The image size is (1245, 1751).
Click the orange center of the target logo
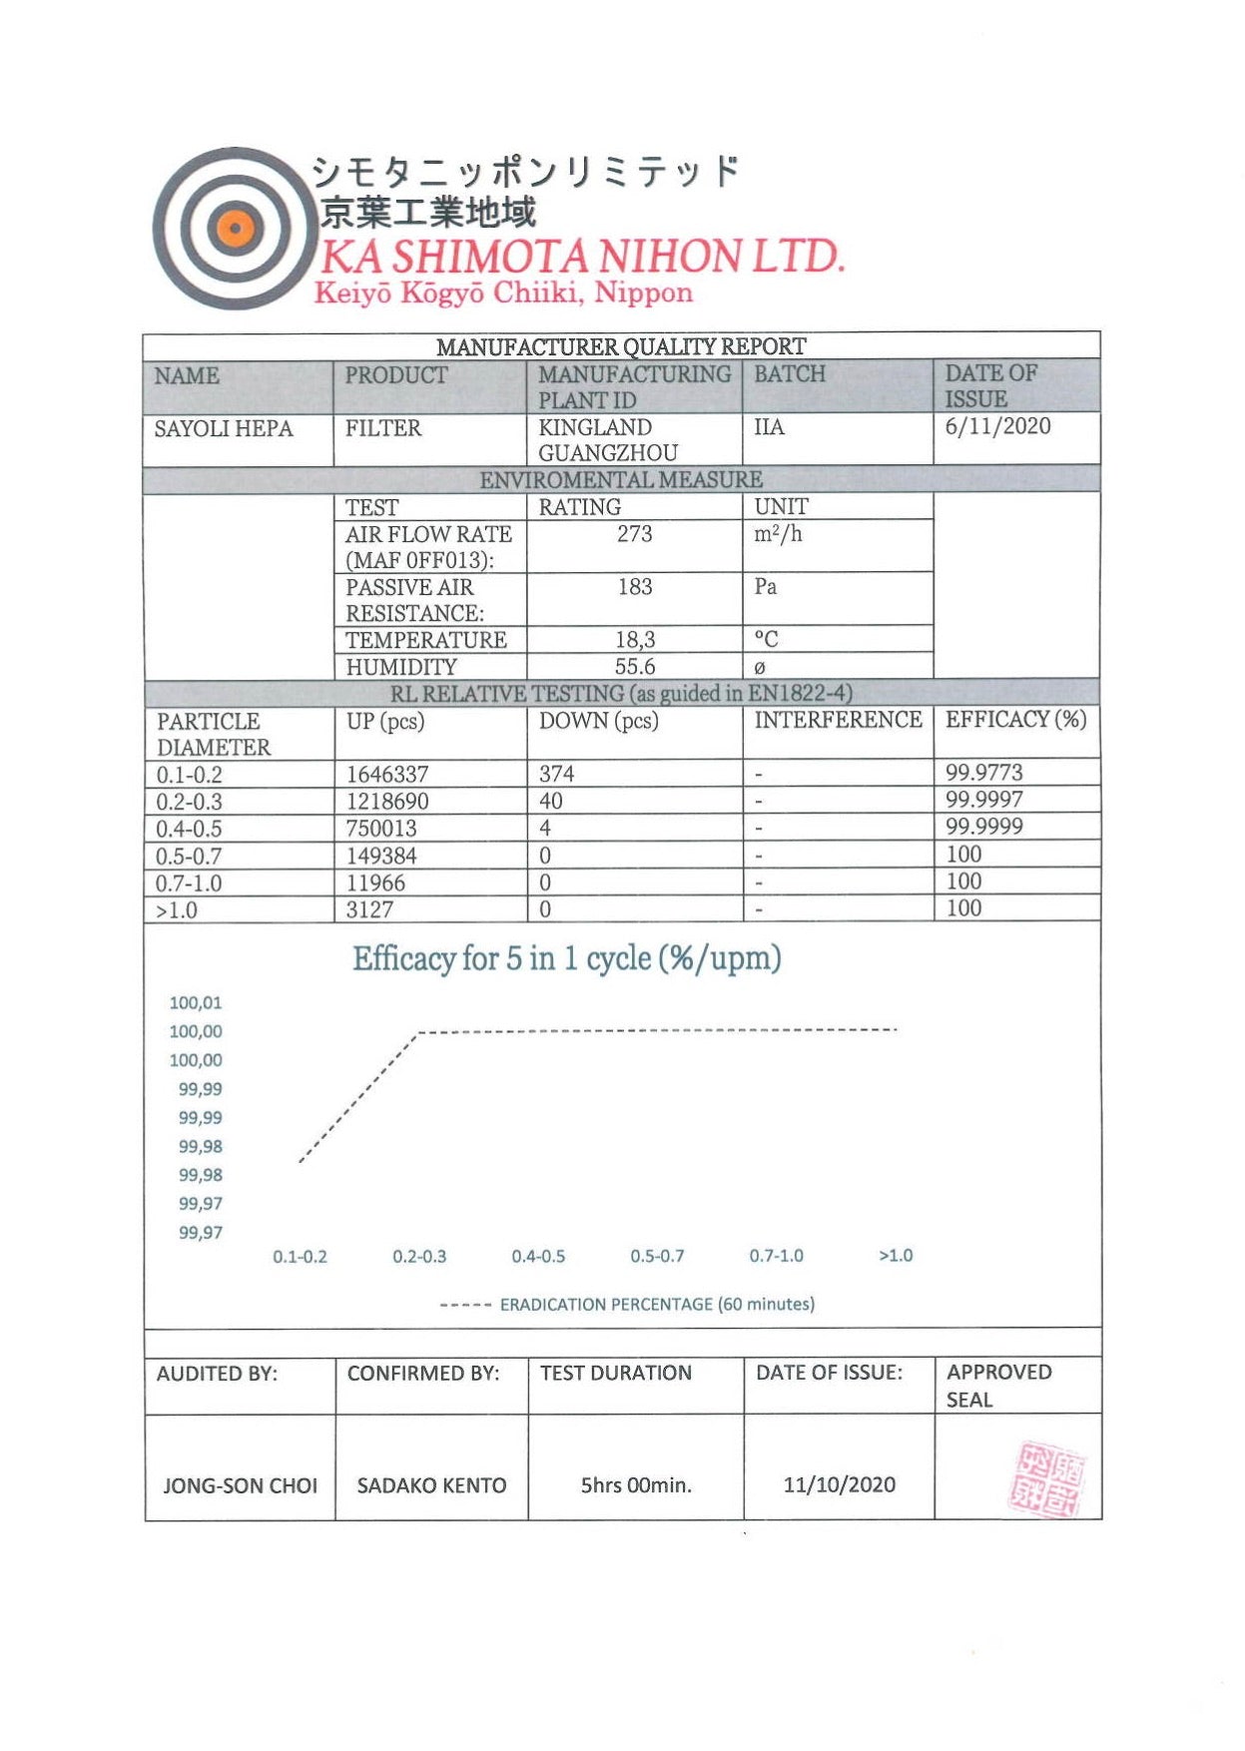pos(235,229)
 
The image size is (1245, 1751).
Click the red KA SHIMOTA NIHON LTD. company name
pos(582,257)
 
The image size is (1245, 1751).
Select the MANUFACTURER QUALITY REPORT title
pos(620,346)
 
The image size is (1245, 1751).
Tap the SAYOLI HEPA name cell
pos(224,428)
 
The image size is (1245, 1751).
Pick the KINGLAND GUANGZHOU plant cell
pos(607,439)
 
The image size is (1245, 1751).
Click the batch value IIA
pos(769,427)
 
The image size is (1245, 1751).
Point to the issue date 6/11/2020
pos(997,426)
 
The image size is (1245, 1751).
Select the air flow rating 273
pos(634,534)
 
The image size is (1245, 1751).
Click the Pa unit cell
pos(766,586)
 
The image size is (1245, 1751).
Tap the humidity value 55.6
pos(634,667)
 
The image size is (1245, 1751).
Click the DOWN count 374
pos(556,774)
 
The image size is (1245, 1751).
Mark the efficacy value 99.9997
pos(983,800)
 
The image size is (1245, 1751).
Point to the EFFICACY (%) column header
pos(1015,720)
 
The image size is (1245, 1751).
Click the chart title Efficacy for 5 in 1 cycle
pos(566,958)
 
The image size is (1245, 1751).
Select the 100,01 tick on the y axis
pos(196,1003)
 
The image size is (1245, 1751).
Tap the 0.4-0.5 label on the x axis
pos(538,1256)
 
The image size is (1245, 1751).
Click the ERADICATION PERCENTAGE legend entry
pos(656,1304)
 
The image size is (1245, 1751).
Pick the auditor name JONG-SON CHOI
pos(240,1485)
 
